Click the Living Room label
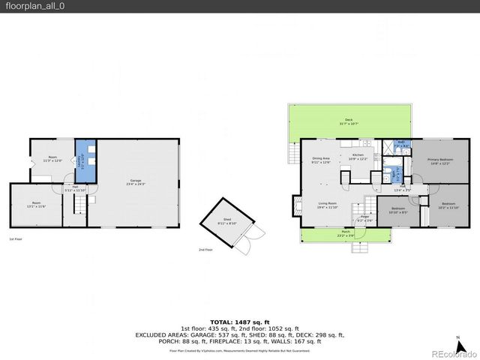pos(327,205)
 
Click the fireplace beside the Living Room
pos(298,205)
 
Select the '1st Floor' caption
pos(16,239)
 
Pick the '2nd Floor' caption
pos(205,250)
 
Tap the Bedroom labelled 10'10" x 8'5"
pos(399,210)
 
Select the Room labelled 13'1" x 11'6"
pos(36,205)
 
